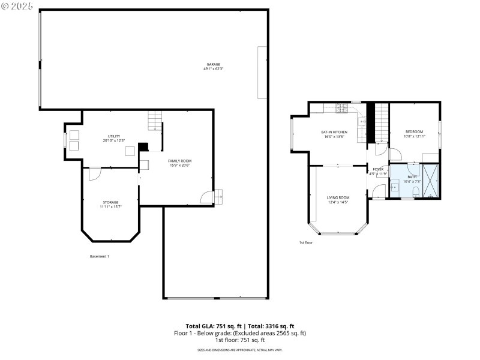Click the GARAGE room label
tap(213, 64)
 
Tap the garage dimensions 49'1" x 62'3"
tap(213, 69)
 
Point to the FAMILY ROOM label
tap(179, 161)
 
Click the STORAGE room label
tap(110, 202)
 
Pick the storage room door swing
tap(95, 173)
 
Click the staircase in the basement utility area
tap(155, 121)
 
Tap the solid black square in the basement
tap(143, 146)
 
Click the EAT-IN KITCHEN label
tap(334, 132)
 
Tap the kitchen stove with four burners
tap(342, 109)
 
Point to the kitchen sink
tap(362, 122)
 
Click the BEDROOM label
tap(414, 132)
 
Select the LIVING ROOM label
tap(338, 197)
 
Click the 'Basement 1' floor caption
tap(99, 256)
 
